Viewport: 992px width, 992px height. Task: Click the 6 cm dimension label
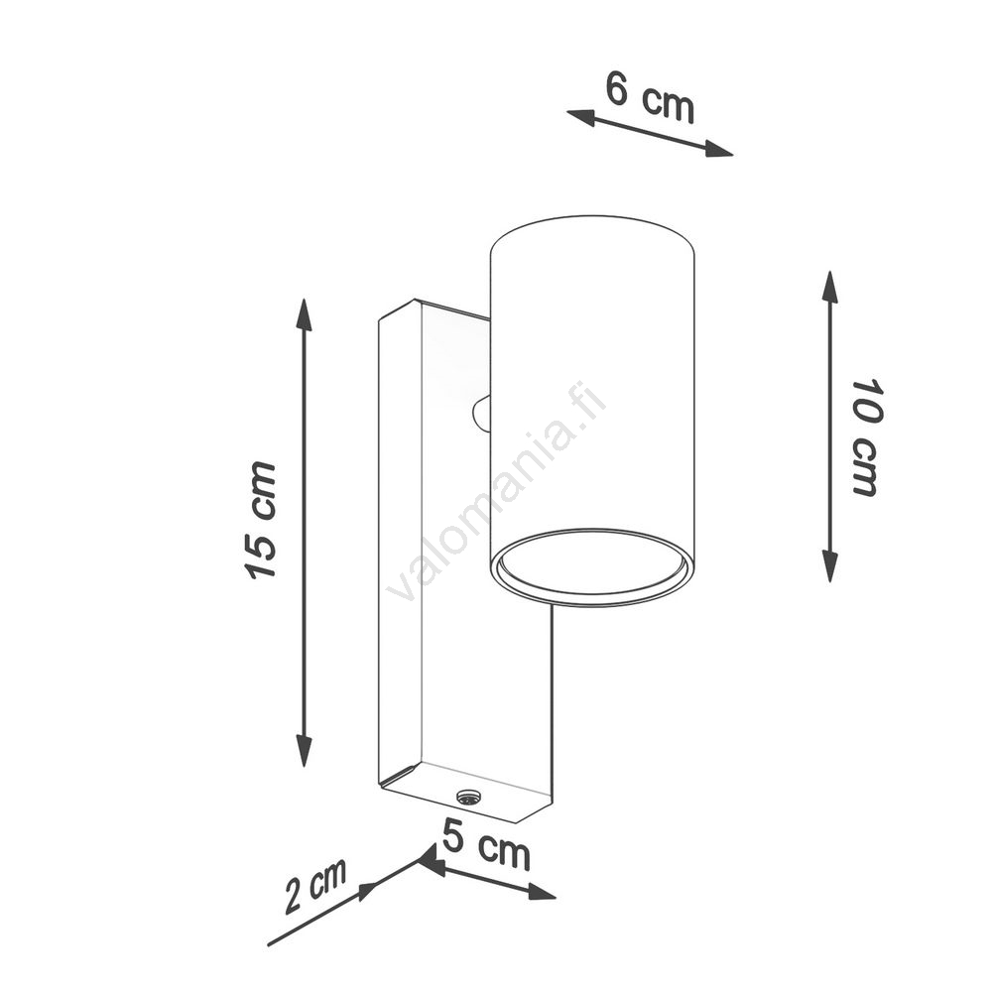tap(650, 97)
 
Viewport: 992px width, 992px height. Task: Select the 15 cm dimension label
tap(260, 520)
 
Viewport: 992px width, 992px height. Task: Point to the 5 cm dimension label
tap(486, 846)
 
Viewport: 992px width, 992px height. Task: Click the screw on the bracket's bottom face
tap(467, 798)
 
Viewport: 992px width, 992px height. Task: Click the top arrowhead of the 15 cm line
tap(305, 314)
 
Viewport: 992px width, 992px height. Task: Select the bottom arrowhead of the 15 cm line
tap(305, 750)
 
